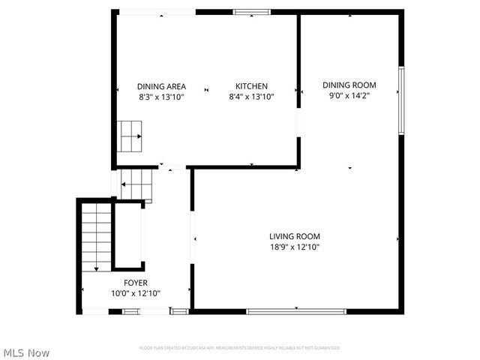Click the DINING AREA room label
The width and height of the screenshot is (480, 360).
(x=161, y=86)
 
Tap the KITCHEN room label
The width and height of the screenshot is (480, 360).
(x=251, y=86)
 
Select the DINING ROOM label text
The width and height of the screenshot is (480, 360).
(x=349, y=85)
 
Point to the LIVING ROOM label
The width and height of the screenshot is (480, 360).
(x=295, y=237)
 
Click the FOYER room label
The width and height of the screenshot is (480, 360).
(x=136, y=283)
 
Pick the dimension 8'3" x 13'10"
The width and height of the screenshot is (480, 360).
(x=161, y=97)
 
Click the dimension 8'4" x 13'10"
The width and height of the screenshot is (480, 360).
(x=251, y=97)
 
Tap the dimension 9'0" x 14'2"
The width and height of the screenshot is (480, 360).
(x=349, y=95)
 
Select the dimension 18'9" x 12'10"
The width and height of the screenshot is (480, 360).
(x=295, y=247)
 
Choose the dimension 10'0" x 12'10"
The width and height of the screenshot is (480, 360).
(x=136, y=293)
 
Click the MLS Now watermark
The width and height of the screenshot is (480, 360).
(x=26, y=352)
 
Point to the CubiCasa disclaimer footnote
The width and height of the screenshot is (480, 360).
(x=240, y=348)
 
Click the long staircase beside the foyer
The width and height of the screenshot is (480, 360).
(x=96, y=238)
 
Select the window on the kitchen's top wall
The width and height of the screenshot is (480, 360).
(x=251, y=12)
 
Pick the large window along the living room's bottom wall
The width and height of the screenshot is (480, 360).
(x=296, y=310)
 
